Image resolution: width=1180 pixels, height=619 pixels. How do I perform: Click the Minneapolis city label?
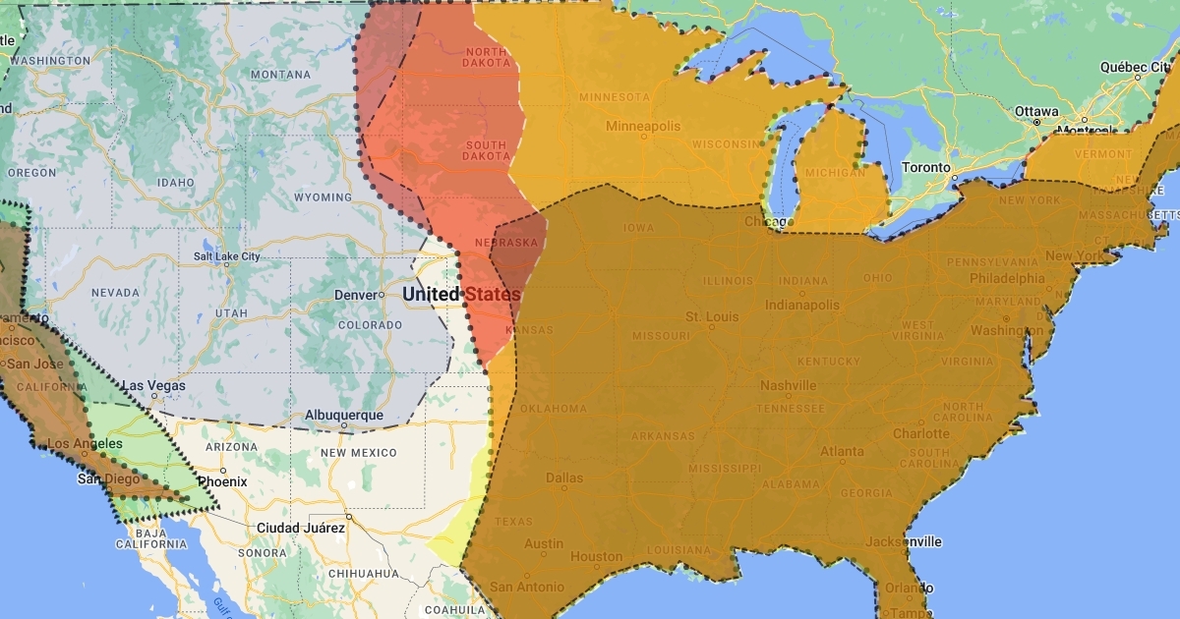[643, 127]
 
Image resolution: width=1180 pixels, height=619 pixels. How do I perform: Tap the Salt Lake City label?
[227, 256]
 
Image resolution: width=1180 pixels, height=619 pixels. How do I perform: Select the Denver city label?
[355, 295]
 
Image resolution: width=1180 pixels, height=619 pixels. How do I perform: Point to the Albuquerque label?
[344, 416]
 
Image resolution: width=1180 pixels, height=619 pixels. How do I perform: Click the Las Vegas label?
[154, 386]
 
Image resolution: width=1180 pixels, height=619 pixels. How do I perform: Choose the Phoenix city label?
[222, 482]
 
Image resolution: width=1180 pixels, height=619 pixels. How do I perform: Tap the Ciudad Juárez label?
[301, 528]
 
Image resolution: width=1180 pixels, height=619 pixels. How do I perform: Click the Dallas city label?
[564, 478]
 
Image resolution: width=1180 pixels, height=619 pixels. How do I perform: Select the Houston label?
[597, 556]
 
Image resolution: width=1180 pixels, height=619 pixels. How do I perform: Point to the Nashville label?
[788, 385]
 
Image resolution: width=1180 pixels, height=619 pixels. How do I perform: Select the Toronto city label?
[926, 168]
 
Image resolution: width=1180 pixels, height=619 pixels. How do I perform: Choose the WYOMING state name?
[322, 197]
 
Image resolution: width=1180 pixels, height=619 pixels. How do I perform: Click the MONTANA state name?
[281, 75]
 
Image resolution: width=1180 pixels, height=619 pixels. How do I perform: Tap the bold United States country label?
[461, 295]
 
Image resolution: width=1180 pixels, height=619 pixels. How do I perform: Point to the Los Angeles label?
[86, 443]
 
